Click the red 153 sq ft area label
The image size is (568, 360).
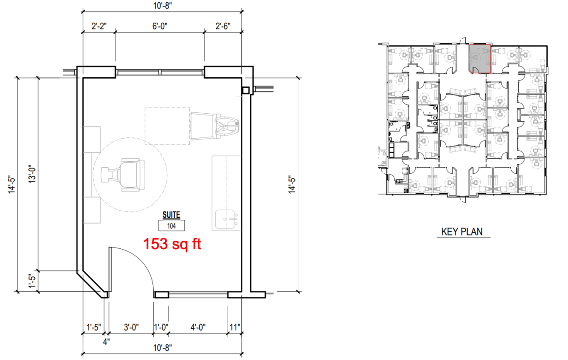tap(172, 244)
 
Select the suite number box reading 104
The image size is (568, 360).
tap(171, 225)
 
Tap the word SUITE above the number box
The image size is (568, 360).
tap(171, 215)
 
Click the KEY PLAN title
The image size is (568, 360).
tap(462, 232)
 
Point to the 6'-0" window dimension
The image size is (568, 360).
tap(160, 26)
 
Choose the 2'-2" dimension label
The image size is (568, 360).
tap(99, 26)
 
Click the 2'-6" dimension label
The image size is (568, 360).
tap(223, 26)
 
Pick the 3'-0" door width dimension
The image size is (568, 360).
tap(131, 327)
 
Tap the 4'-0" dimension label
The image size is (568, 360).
tap(198, 327)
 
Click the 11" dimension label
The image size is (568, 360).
tap(235, 327)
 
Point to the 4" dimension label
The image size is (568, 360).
tap(106, 342)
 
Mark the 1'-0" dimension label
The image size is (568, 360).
tap(161, 327)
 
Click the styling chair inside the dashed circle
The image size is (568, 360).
tap(123, 174)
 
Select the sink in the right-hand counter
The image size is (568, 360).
tap(226, 219)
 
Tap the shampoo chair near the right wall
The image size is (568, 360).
tap(214, 126)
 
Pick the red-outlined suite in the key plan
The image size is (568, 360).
tap(480, 59)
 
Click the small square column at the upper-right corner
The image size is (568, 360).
tap(246, 90)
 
